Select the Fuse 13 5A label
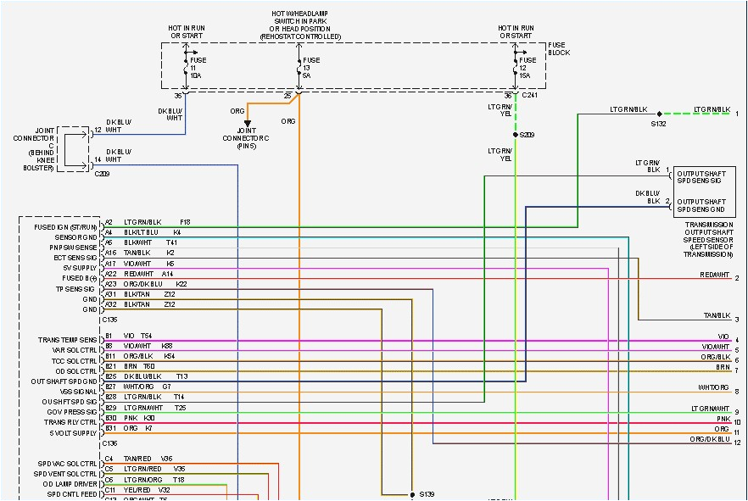[311, 67]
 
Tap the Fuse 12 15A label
[528, 67]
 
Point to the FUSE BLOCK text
[560, 48]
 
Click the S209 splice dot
[515, 134]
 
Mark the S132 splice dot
[659, 114]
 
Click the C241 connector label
[531, 96]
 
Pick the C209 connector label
[103, 173]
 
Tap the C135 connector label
[110, 320]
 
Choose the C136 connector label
[110, 443]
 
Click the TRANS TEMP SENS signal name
[67, 340]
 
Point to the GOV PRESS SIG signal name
[72, 412]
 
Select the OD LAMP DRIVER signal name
[70, 483]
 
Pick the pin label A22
[110, 274]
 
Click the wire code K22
[181, 284]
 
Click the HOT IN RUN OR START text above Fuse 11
[186, 32]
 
